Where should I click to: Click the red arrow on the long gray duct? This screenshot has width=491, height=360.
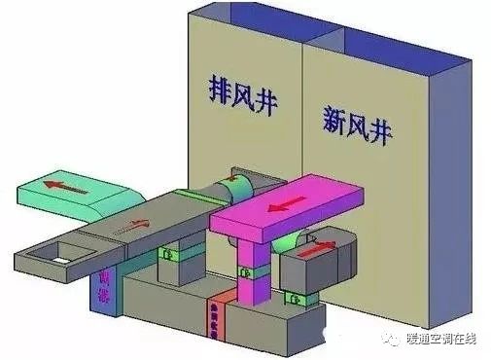point(136,225)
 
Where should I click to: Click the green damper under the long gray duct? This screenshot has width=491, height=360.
point(171,255)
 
